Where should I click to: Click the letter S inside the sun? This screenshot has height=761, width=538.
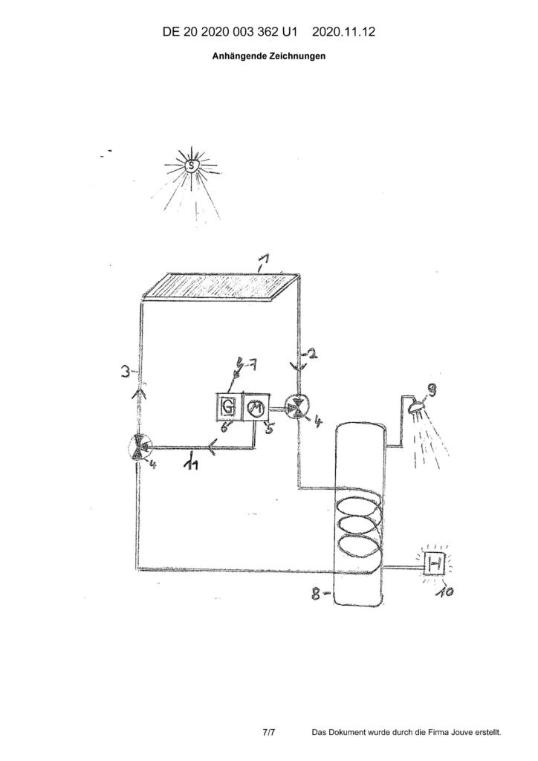pyautogui.click(x=192, y=166)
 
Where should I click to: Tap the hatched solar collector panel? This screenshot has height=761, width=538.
pyautogui.click(x=220, y=288)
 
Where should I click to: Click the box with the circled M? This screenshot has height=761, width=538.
pyautogui.click(x=254, y=407)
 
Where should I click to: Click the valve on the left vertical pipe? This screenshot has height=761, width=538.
pyautogui.click(x=140, y=447)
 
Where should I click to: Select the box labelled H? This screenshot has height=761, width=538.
pyautogui.click(x=435, y=564)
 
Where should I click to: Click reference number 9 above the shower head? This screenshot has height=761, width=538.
pyautogui.click(x=430, y=389)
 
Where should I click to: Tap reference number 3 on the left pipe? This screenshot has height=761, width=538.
pyautogui.click(x=125, y=373)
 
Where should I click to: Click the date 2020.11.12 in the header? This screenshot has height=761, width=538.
pyautogui.click(x=343, y=32)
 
